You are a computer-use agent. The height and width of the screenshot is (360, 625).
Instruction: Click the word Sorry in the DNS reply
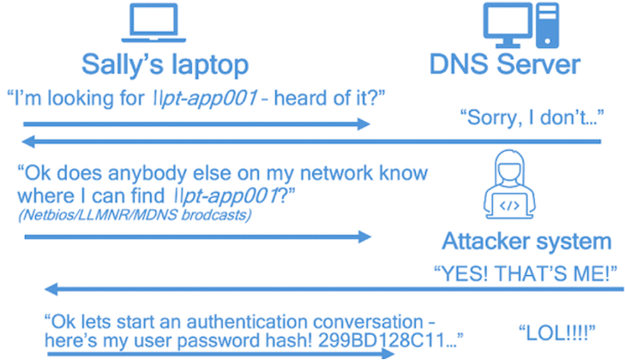pyautogui.click(x=487, y=117)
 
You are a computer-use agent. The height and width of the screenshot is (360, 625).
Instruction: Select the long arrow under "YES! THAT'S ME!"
pyautogui.click(x=334, y=290)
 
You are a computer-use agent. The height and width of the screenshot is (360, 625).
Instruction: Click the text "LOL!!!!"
pyautogui.click(x=556, y=332)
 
